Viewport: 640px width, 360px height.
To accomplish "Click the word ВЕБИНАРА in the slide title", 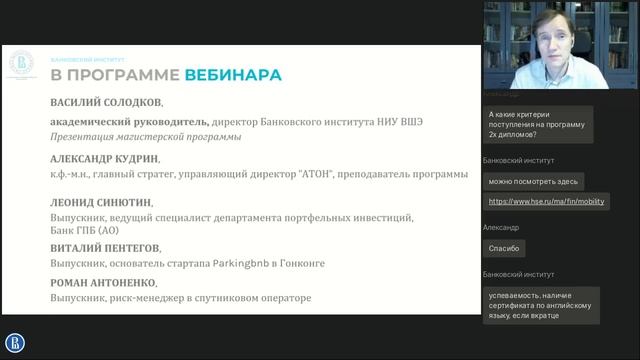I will point(232,75).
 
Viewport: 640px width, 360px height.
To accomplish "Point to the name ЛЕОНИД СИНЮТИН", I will point(101,201).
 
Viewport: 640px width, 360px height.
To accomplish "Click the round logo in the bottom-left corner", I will point(15,343).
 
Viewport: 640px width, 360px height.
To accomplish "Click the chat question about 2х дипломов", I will point(537,124).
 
